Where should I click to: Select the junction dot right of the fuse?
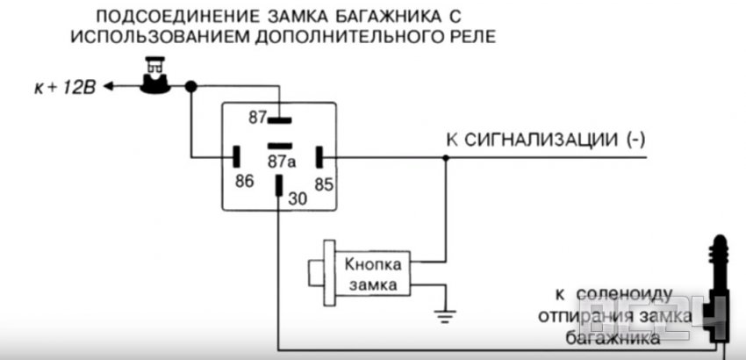point(190,86)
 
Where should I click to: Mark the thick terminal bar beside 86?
point(235,158)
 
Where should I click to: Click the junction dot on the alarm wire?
point(445,159)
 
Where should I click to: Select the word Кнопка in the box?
point(372,263)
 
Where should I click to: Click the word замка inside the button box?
point(372,284)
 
